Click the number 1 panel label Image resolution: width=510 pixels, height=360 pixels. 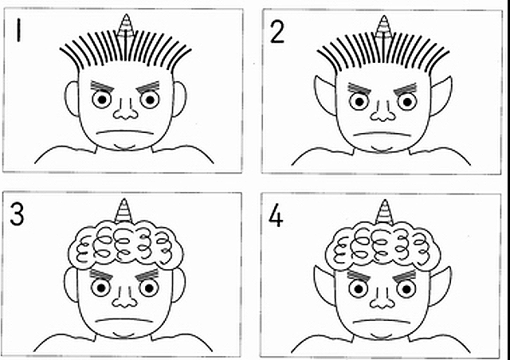point(18,30)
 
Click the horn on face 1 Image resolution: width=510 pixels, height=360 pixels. point(126,25)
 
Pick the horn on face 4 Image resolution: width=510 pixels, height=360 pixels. point(384,213)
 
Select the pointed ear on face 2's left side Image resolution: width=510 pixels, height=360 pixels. point(326,95)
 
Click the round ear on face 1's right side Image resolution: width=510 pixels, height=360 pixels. point(179,100)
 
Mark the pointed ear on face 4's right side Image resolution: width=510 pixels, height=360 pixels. point(441,285)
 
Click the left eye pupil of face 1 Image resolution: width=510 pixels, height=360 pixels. point(102,100)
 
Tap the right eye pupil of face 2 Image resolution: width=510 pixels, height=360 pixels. point(407,102)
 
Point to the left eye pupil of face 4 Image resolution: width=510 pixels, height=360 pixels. point(359,289)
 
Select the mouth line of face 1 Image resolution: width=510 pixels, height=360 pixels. point(126,132)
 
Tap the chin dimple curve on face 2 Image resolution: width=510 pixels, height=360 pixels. point(382,150)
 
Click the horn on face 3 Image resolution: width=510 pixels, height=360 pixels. point(124,211)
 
